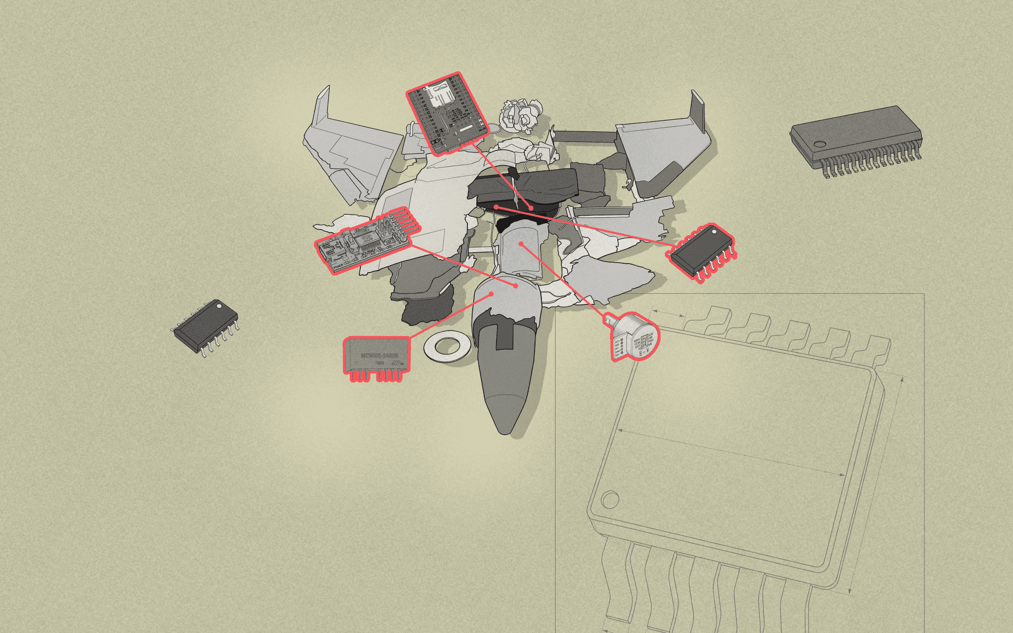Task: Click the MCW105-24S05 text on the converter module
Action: coord(378,356)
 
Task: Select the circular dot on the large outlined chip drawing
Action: coord(610,499)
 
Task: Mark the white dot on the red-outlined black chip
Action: coord(714,231)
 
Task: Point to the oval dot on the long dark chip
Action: coord(818,144)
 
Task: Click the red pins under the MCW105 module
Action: coord(377,376)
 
